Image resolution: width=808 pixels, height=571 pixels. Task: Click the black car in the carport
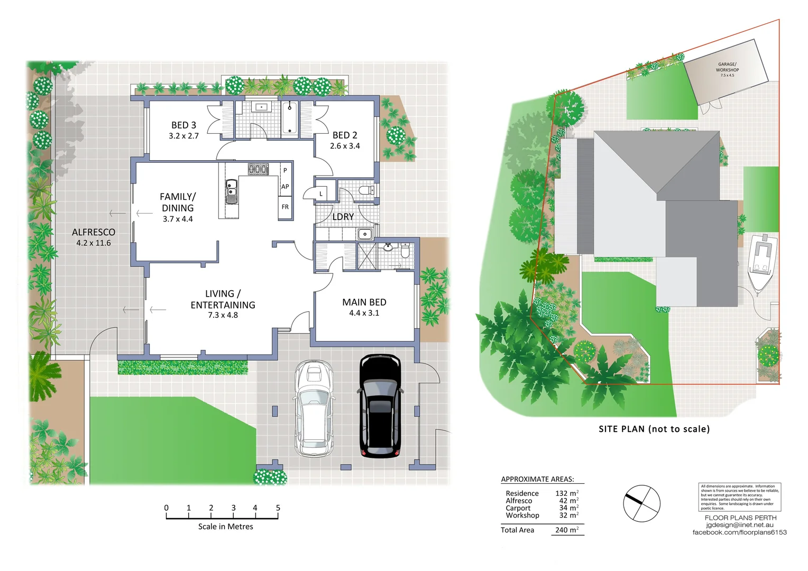click(x=380, y=406)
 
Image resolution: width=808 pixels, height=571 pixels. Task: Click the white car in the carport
click(x=314, y=408)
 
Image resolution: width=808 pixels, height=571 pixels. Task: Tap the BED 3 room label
click(x=183, y=125)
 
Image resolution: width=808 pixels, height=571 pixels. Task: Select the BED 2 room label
click(x=345, y=135)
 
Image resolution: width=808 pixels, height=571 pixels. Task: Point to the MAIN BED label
click(x=364, y=302)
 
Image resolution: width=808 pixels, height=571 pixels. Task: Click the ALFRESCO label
click(x=94, y=232)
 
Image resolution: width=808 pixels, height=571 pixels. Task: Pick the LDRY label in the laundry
click(x=343, y=217)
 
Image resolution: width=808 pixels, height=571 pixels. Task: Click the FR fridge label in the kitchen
click(x=285, y=207)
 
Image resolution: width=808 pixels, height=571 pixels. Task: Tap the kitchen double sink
click(x=231, y=191)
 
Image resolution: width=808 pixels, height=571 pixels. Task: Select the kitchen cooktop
click(x=259, y=169)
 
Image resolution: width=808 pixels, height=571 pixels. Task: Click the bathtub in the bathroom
click(x=289, y=119)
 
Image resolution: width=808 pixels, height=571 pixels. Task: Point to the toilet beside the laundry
click(x=366, y=190)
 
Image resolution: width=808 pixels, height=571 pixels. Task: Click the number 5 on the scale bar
click(x=278, y=508)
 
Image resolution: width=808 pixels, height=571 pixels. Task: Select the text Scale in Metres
click(x=225, y=527)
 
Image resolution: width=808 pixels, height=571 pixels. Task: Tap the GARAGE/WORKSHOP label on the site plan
click(x=727, y=67)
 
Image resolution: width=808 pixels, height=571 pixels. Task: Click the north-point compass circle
click(x=641, y=503)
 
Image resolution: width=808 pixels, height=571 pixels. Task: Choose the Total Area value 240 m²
click(x=566, y=530)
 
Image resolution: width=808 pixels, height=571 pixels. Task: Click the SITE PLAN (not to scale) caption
click(x=654, y=429)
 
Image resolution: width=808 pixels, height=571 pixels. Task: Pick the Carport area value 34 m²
click(x=566, y=508)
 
